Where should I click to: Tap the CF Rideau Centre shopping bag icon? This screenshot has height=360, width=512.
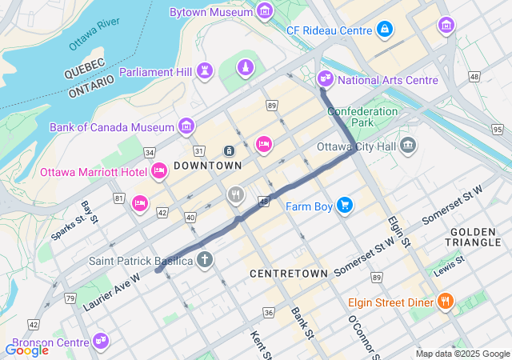385,30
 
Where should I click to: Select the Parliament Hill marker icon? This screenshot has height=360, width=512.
205,71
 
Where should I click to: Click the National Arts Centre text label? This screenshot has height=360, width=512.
388,80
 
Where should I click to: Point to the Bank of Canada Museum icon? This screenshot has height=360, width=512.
186,126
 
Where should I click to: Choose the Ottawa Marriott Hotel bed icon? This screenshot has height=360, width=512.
158,171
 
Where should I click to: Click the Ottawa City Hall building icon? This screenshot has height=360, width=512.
409,146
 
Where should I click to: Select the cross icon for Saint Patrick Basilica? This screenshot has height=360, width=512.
205,260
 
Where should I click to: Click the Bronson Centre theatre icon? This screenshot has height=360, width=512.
100,340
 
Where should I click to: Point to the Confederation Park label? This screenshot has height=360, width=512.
362,118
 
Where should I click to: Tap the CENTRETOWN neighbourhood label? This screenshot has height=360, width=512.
289,274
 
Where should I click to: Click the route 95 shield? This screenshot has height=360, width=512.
498,129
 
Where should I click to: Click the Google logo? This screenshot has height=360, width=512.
26,350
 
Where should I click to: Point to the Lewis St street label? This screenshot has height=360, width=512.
449,270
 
